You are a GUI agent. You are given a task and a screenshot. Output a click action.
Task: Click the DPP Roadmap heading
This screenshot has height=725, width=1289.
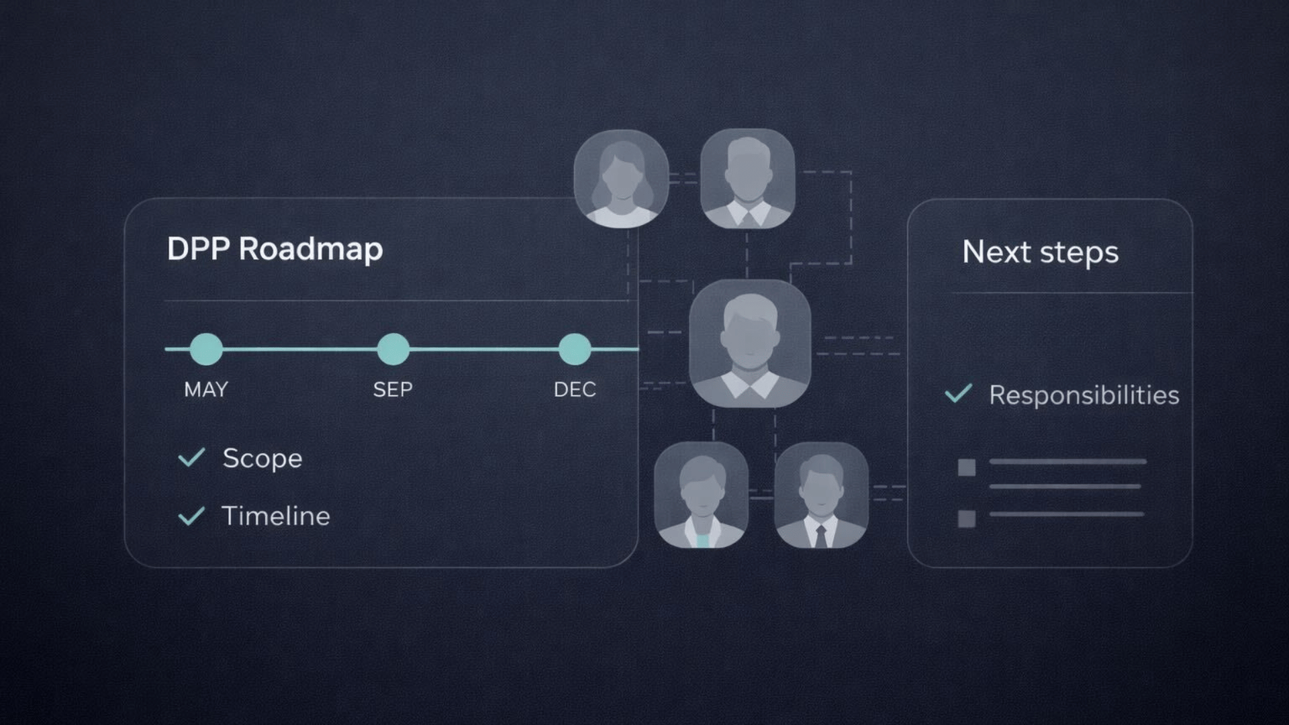(x=275, y=249)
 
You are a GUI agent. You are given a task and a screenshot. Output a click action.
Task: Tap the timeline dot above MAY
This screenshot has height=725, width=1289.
(x=206, y=349)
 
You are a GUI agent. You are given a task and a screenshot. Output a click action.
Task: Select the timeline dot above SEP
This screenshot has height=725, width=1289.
(x=393, y=349)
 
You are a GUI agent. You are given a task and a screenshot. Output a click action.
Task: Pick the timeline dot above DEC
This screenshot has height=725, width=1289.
(x=575, y=349)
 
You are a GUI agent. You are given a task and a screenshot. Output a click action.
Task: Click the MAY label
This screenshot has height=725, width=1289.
(x=206, y=389)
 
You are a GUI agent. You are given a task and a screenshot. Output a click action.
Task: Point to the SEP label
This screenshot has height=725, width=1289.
(x=393, y=389)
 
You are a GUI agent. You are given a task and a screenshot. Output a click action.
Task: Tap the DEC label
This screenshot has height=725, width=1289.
(x=575, y=389)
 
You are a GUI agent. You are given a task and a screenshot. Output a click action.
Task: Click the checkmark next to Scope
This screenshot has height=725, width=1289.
(x=191, y=458)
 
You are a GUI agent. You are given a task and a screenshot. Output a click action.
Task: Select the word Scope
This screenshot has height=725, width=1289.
(x=262, y=458)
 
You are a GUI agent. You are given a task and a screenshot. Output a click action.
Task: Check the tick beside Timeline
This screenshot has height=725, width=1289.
(x=191, y=516)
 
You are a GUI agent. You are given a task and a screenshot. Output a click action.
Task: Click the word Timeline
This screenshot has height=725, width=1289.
(x=276, y=516)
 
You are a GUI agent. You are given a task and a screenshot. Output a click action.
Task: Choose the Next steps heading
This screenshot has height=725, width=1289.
(x=1040, y=252)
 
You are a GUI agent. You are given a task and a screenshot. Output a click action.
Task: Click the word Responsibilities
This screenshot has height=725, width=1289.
(x=1084, y=395)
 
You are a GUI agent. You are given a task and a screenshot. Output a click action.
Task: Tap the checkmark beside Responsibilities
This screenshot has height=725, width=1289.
(x=958, y=393)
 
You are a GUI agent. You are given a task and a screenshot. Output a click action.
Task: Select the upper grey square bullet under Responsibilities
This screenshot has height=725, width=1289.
(x=967, y=467)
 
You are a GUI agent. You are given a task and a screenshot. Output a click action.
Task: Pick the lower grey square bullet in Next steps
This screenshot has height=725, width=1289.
(x=967, y=518)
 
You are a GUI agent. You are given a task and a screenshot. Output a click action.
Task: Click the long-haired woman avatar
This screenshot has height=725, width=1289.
(x=621, y=179)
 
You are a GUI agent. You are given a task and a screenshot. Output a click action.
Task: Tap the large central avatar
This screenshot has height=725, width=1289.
(x=750, y=343)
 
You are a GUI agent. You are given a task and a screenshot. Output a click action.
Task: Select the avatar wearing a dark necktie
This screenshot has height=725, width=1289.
(x=821, y=495)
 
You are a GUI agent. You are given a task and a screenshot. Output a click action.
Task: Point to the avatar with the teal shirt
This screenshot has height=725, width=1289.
(x=701, y=495)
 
